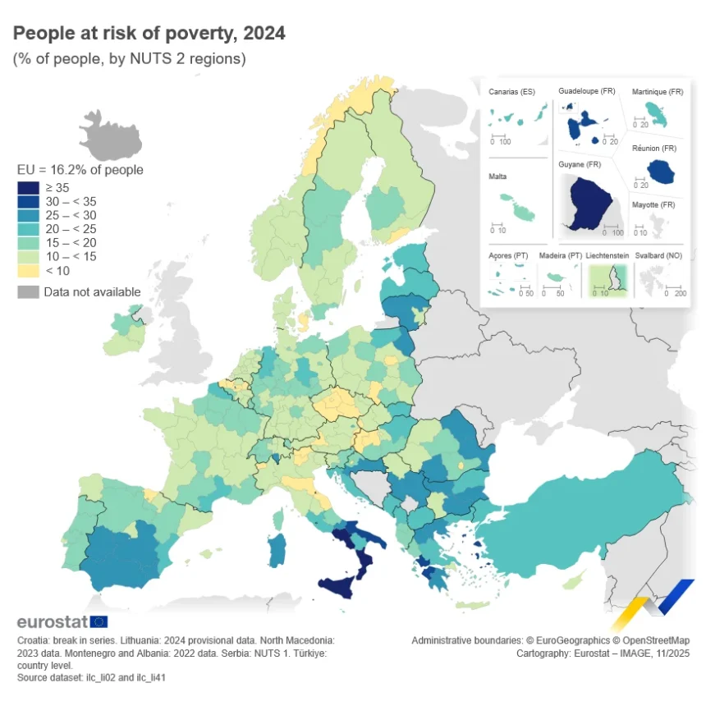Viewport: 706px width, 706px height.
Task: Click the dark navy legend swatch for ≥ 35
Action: (x=28, y=188)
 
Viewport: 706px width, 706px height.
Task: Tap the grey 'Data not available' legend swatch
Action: (x=28, y=292)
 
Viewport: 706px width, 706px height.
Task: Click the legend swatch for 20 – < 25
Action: (x=28, y=230)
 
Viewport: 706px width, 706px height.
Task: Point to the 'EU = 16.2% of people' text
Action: (x=80, y=170)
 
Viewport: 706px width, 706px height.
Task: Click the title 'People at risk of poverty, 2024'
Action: (x=149, y=34)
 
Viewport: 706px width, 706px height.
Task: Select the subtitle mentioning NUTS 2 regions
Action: (x=129, y=59)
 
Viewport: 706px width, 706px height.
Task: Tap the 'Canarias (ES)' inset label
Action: (x=511, y=92)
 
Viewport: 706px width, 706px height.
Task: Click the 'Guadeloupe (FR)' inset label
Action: (x=586, y=90)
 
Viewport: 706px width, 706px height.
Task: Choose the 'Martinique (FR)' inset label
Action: (x=658, y=92)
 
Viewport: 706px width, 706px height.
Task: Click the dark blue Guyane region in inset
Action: (x=592, y=201)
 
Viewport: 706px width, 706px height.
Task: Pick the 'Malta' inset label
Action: (x=498, y=176)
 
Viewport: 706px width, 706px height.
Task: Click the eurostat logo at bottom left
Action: (x=62, y=621)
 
